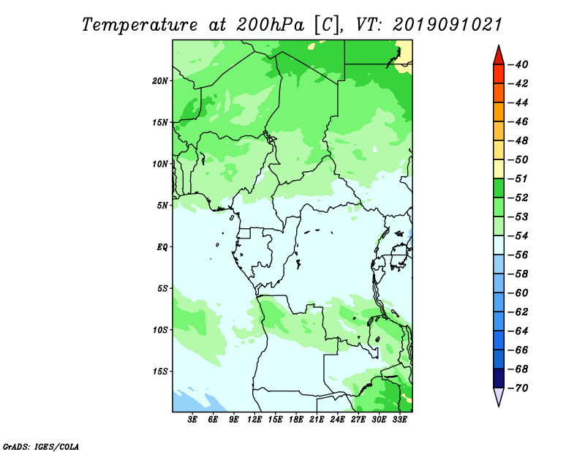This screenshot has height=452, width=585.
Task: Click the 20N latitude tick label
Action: pyautogui.click(x=161, y=80)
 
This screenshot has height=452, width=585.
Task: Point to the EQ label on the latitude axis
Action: pyautogui.click(x=162, y=246)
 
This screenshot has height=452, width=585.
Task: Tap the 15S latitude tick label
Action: pyautogui.click(x=161, y=371)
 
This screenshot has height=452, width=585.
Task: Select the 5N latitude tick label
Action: pyautogui.click(x=163, y=205)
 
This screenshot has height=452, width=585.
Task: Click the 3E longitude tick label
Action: pyautogui.click(x=193, y=420)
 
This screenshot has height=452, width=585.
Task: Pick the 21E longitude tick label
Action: pyautogui.click(x=317, y=420)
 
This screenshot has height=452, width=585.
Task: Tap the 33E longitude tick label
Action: pyautogui.click(x=399, y=420)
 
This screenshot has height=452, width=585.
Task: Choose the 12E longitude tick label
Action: pyautogui.click(x=254, y=420)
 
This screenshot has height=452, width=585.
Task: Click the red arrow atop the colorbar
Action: pyautogui.click(x=498, y=54)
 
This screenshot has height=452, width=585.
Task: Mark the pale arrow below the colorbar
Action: pyautogui.click(x=498, y=397)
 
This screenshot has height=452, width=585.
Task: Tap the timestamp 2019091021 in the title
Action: pyautogui.click(x=448, y=24)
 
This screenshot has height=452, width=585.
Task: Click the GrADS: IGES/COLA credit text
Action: pyautogui.click(x=40, y=445)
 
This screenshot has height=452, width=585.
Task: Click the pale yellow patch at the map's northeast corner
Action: pyautogui.click(x=407, y=54)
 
